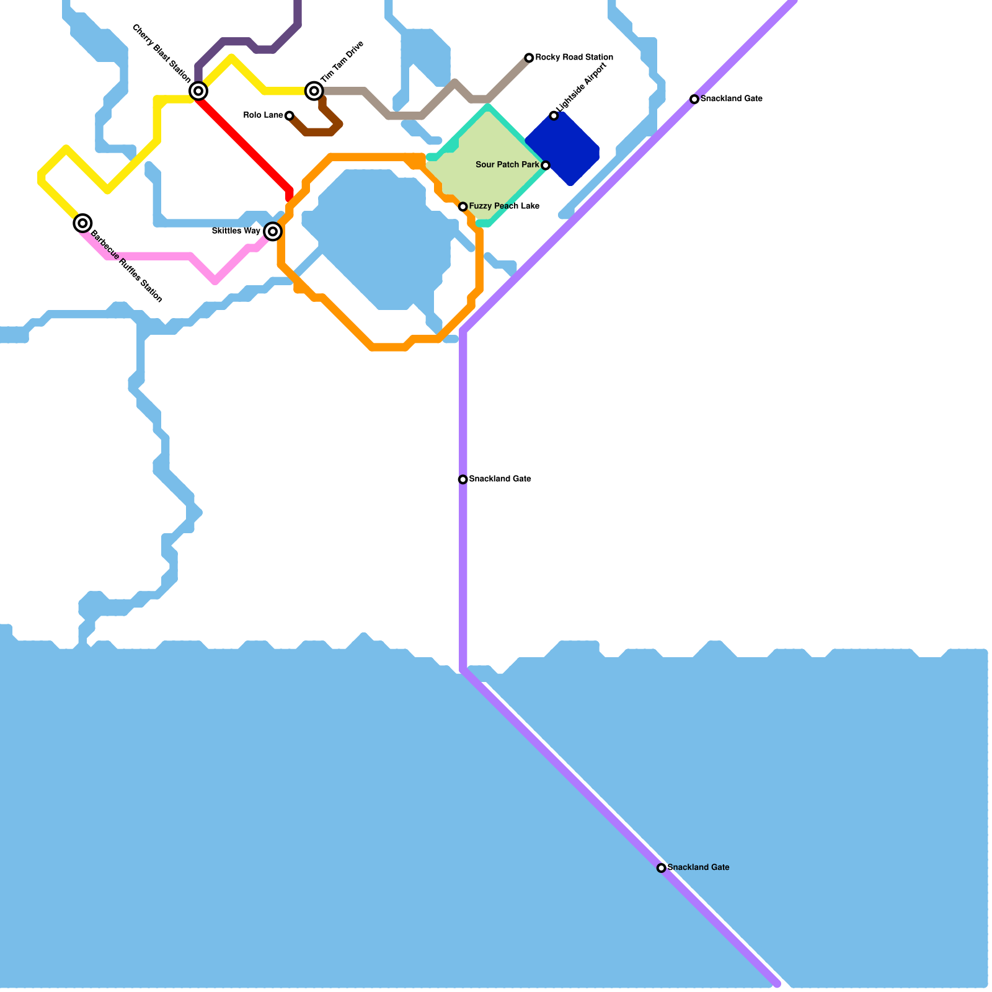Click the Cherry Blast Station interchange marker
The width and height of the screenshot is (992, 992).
198,91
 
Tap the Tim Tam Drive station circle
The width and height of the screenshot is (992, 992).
314,91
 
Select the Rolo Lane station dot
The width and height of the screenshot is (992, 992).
289,115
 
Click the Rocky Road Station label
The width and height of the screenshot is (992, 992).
574,58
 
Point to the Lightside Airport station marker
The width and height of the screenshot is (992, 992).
554,115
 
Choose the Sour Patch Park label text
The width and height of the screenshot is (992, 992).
507,165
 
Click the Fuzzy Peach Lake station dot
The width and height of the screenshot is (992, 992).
463,206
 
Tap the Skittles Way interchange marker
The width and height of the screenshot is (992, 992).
273,231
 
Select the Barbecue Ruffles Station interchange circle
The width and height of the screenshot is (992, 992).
82,223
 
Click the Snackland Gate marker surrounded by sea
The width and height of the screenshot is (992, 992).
662,868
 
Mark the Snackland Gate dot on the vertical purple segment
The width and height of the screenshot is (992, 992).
463,479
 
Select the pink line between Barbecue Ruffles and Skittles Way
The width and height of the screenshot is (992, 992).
155,256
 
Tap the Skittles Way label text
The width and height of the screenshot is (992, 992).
236,231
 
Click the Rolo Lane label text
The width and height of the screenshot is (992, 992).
263,115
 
